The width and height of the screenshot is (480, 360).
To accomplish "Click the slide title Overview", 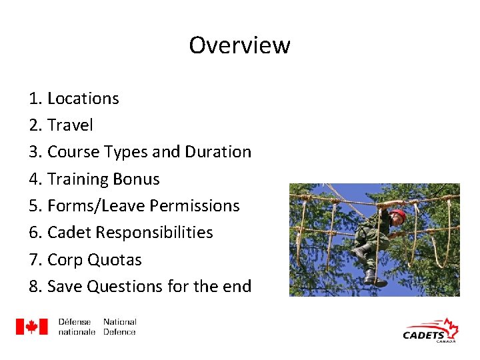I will [x=239, y=45].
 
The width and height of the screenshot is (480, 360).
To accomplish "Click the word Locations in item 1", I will [x=83, y=99].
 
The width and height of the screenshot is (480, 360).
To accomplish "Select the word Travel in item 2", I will [x=70, y=125].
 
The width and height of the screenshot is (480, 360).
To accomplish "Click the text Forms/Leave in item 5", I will [x=96, y=206].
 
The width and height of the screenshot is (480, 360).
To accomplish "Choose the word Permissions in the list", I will [x=194, y=206].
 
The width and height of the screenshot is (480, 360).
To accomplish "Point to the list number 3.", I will [x=34, y=152].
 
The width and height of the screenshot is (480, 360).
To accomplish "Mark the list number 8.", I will [x=34, y=287].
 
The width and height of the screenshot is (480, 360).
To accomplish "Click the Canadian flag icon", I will [x=32, y=327].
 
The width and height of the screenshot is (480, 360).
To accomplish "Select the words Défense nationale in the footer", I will [x=77, y=327].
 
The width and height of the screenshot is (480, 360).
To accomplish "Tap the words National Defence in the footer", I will [x=120, y=327].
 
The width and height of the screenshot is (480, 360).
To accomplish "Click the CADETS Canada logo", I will [x=431, y=331].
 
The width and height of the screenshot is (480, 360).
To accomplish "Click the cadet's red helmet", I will [x=398, y=215].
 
